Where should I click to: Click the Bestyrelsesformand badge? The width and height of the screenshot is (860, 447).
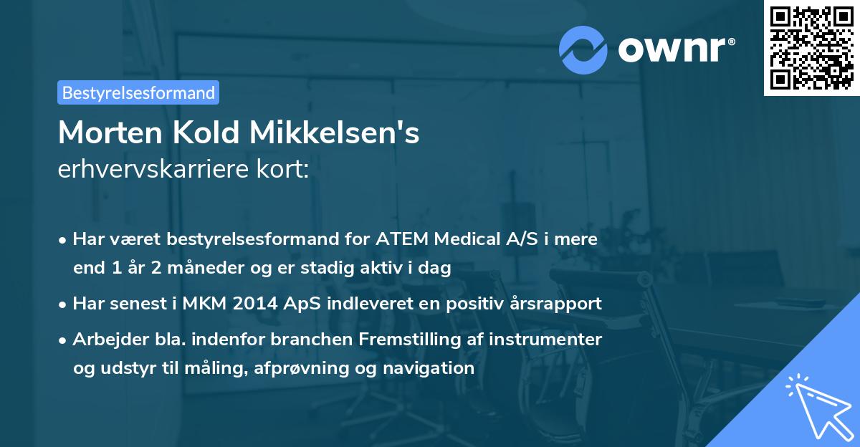pyautogui.click(x=138, y=92)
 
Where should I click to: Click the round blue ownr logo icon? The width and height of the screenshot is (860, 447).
pyautogui.click(x=584, y=49)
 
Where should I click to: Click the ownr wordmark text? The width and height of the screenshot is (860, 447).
pyautogui.click(x=674, y=49)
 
